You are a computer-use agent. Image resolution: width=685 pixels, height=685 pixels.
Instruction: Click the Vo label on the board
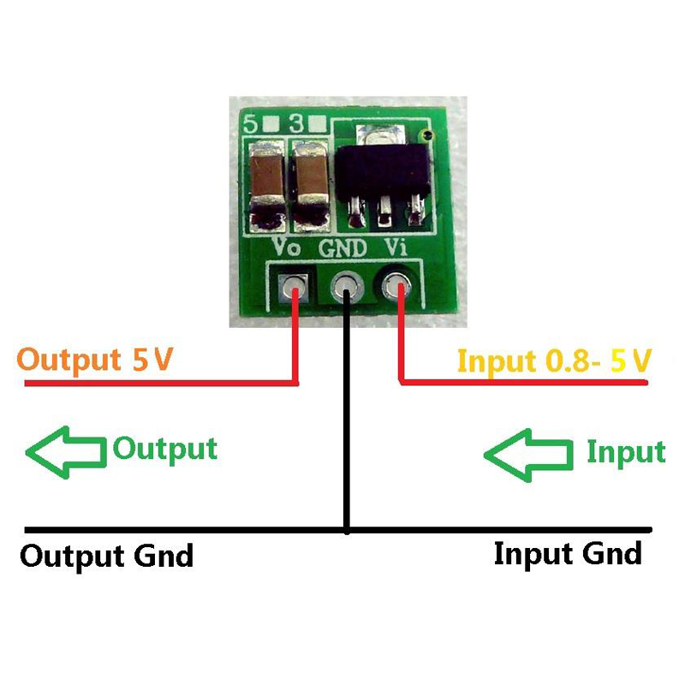click(x=286, y=248)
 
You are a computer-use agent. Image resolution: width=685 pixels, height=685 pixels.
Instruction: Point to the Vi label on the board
click(x=396, y=248)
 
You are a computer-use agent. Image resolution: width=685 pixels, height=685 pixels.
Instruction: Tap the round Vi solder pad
click(x=398, y=285)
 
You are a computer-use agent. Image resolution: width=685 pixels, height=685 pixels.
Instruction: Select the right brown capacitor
click(x=311, y=184)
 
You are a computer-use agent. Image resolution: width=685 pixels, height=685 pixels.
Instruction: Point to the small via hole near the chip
click(x=426, y=135)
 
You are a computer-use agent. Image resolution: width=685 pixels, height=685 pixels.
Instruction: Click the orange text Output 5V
click(x=96, y=360)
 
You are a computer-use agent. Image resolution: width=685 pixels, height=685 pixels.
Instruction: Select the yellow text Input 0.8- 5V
click(x=554, y=360)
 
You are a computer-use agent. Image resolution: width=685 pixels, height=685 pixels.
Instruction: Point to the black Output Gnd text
click(x=107, y=557)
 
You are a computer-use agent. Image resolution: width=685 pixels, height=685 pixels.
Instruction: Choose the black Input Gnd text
click(x=567, y=554)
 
